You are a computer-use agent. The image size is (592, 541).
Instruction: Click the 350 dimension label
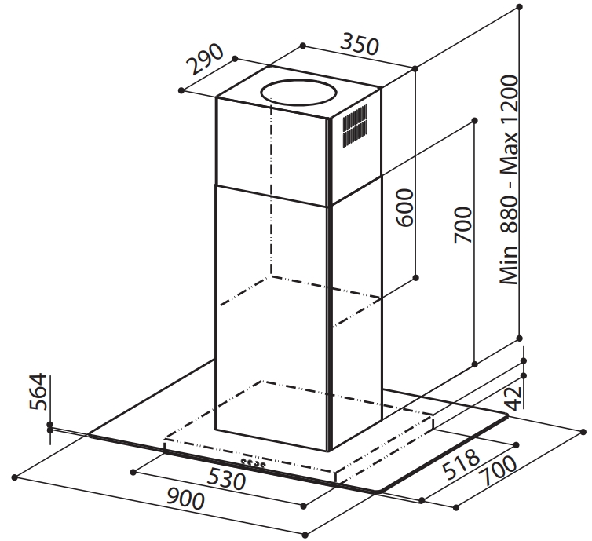click(x=359, y=45)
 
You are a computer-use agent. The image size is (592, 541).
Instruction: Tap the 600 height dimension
click(x=405, y=207)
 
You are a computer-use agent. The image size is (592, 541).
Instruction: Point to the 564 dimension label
click(x=38, y=392)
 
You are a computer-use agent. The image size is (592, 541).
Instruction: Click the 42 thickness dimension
click(x=513, y=398)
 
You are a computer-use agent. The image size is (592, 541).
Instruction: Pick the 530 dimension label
click(x=227, y=479)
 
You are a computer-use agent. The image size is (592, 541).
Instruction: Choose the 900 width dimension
click(x=185, y=499)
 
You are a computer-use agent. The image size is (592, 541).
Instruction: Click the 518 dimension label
click(x=461, y=464)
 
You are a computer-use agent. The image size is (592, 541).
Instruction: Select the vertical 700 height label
click(x=463, y=225)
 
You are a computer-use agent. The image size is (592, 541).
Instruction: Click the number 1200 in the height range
click(x=509, y=99)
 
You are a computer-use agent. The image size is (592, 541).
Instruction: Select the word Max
click(x=509, y=149)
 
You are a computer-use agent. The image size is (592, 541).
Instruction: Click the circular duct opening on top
click(x=298, y=92)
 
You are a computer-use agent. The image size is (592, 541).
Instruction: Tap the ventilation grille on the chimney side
click(x=355, y=126)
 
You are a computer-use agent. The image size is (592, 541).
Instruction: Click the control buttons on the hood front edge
click(x=254, y=462)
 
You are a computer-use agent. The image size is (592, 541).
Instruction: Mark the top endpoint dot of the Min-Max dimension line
click(x=520, y=7)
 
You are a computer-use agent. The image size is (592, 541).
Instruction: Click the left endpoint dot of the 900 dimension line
click(x=15, y=477)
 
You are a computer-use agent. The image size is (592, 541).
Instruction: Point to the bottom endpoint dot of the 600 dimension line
click(x=415, y=278)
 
